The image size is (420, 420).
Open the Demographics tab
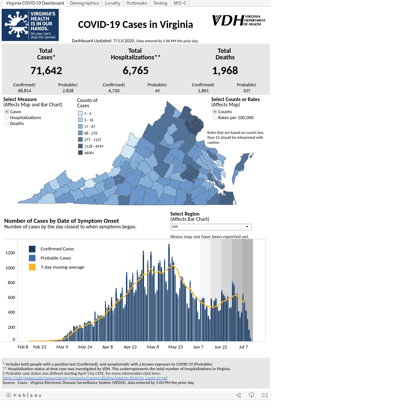(84, 3)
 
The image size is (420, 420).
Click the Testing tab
(160, 3)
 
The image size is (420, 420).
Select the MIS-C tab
(180, 3)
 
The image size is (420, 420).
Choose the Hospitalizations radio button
(7, 118)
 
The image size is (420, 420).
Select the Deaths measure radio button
(7, 124)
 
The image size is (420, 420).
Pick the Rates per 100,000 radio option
(215, 118)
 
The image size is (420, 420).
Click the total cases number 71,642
(46, 71)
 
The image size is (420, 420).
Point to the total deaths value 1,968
(225, 71)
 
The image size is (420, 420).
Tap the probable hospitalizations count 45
(157, 91)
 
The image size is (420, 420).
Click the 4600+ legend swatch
(80, 153)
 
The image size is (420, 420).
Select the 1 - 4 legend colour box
(80, 113)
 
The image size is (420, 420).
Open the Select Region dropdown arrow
(247, 227)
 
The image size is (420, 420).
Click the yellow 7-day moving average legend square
(32, 267)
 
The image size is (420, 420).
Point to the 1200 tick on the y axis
(10, 253)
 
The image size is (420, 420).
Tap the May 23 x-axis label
(176, 347)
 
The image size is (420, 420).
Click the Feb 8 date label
(23, 347)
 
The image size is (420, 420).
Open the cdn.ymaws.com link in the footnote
(85, 378)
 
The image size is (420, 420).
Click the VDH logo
(239, 20)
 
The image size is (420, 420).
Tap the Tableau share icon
(239, 395)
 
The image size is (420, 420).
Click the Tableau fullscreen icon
(264, 395)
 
